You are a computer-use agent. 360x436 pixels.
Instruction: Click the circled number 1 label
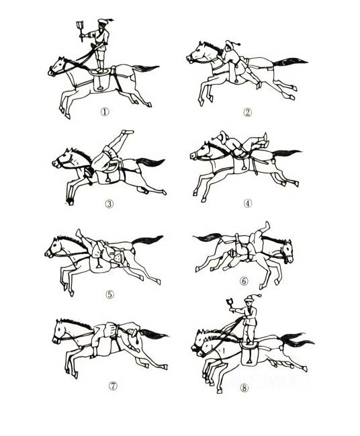tap(105, 112)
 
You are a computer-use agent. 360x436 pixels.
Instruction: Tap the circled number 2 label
tap(247, 112)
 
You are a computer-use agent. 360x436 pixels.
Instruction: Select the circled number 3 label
tap(109, 204)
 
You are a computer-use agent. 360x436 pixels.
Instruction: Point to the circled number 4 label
tap(248, 204)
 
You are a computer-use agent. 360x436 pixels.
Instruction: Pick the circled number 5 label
tap(110, 294)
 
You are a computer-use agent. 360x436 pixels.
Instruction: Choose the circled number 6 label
tap(244, 281)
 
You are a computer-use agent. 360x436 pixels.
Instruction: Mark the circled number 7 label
tap(113, 386)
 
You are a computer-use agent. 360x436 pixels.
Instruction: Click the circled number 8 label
tap(244, 388)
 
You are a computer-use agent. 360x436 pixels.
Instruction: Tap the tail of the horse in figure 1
tap(145, 68)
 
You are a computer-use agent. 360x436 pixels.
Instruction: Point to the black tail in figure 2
tap(289, 62)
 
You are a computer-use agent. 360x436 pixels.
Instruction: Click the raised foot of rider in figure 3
tap(128, 132)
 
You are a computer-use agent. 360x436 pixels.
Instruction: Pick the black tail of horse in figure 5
tap(147, 240)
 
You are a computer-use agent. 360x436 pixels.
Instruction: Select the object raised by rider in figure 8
tap(230, 303)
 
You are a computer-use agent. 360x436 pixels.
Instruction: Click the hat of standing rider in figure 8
tap(251, 298)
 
